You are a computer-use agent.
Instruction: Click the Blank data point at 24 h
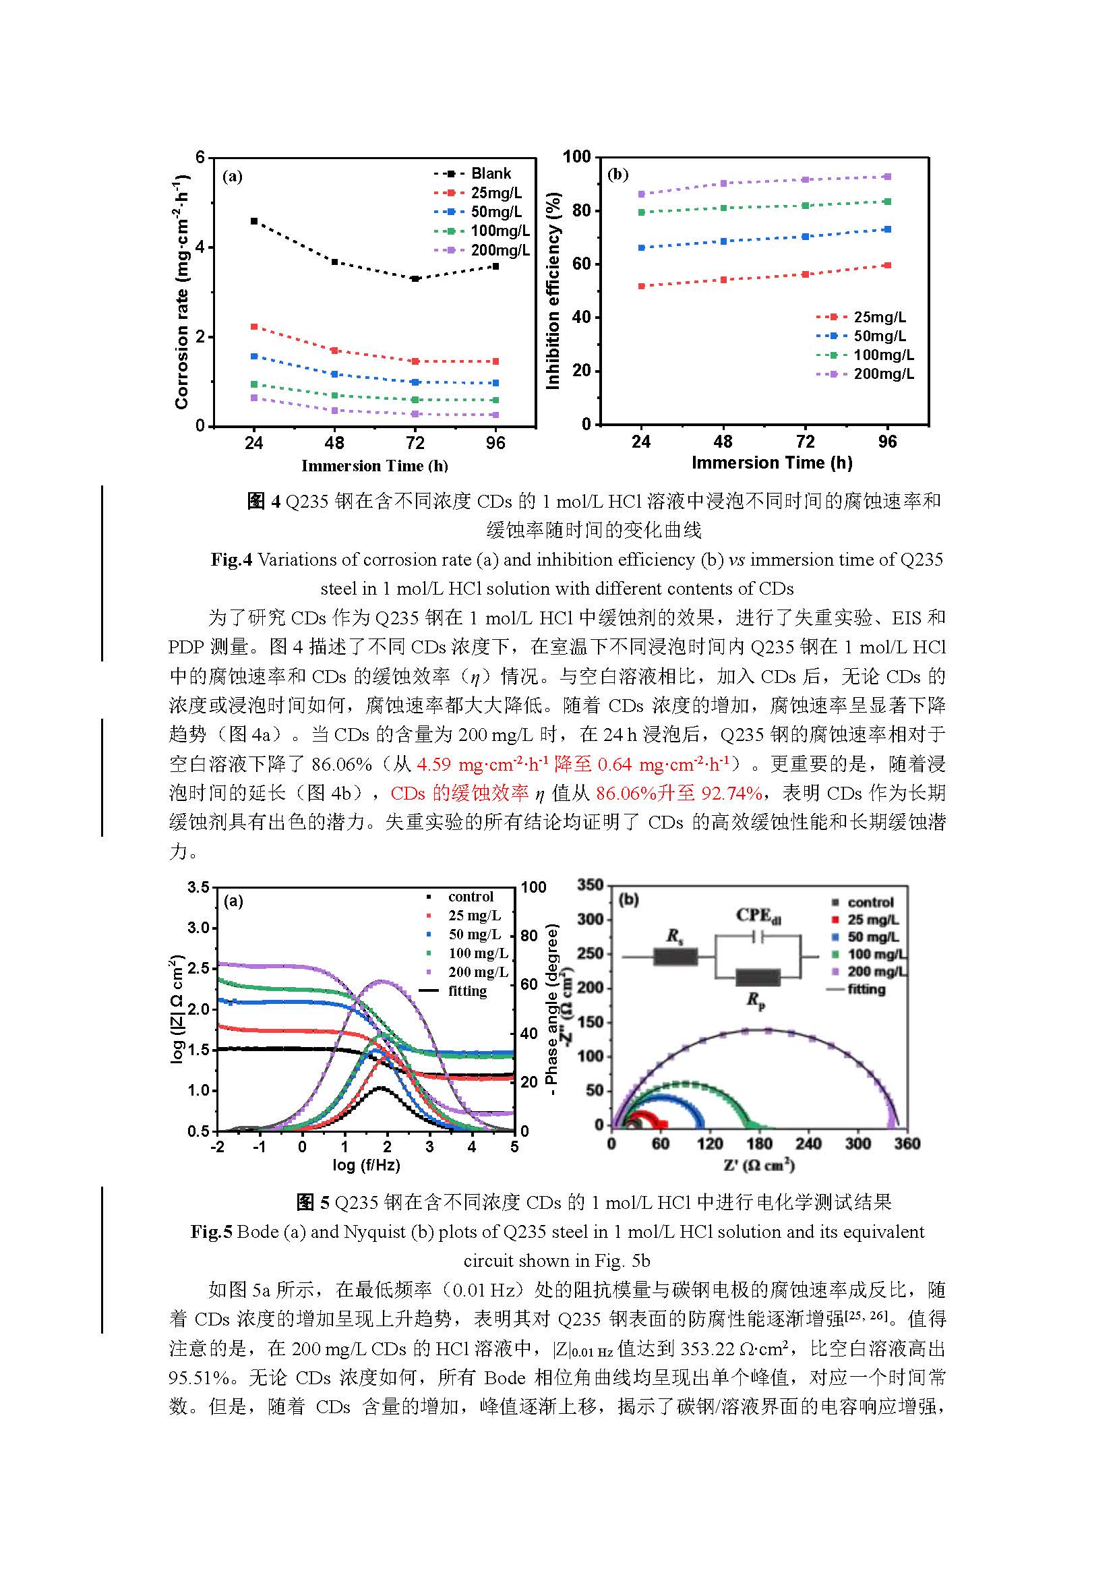254,221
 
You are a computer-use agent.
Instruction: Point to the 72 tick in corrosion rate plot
415,443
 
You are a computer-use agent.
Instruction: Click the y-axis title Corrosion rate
182,293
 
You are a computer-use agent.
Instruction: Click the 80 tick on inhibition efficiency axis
582,211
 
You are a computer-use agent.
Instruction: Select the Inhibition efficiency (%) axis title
553,291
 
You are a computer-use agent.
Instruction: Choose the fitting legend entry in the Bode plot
467,991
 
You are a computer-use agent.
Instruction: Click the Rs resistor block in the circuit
675,957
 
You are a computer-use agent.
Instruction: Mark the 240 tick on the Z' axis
808,1143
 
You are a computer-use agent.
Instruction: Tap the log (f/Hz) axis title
366,1165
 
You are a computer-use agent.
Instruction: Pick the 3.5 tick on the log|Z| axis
198,887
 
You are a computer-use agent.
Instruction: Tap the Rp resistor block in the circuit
757,978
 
